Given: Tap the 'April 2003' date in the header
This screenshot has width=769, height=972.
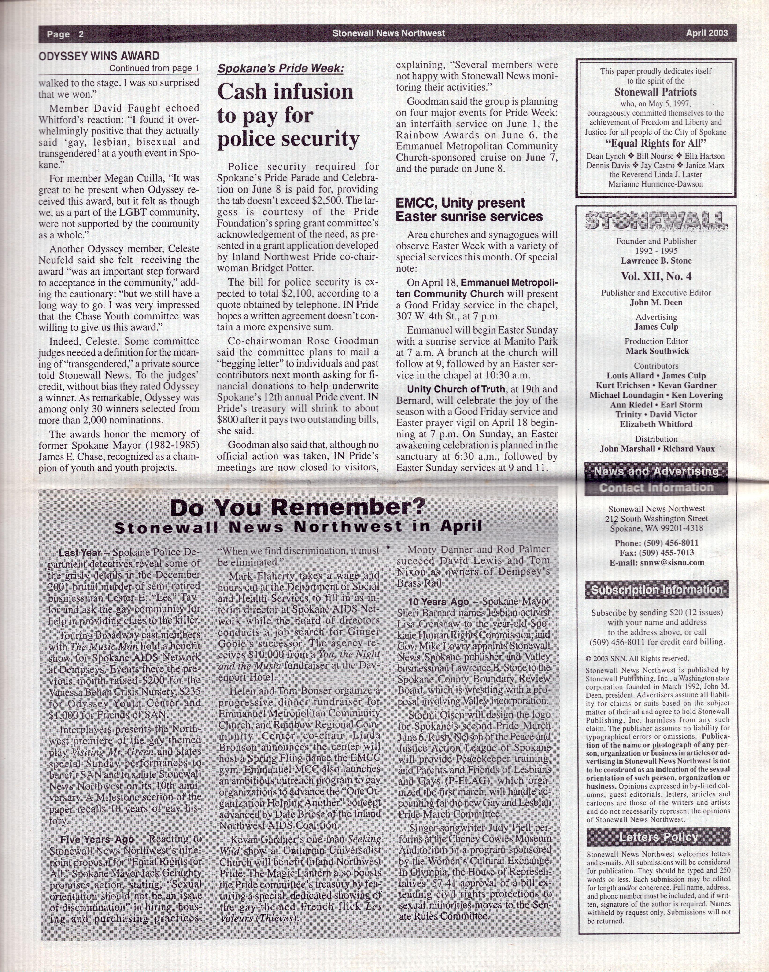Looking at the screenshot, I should click(707, 33).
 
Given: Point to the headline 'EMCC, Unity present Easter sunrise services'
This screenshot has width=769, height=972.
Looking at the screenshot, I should click(469, 210).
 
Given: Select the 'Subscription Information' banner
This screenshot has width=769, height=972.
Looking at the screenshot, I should click(656, 590).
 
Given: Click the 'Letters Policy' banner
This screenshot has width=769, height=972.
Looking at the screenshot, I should click(658, 837).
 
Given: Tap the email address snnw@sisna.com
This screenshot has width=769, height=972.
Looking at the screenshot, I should click(656, 562).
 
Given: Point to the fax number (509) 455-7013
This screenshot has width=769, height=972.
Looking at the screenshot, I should click(656, 553).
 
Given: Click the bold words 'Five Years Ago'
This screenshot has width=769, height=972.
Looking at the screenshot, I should click(97, 839).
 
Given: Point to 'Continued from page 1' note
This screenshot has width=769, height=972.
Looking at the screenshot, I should click(154, 68).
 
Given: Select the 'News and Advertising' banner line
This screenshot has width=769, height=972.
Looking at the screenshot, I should click(656, 471).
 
